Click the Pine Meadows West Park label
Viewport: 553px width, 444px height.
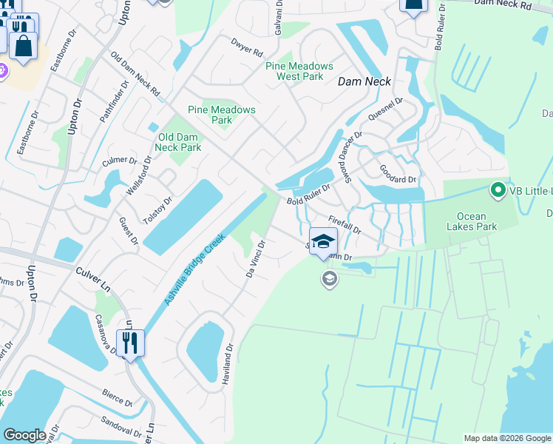tap(294, 71)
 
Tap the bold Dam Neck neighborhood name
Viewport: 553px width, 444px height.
tap(364, 82)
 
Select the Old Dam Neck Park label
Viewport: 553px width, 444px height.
tap(179, 142)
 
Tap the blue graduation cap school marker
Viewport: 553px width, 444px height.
tap(323, 242)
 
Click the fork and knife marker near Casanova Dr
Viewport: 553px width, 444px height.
tap(131, 343)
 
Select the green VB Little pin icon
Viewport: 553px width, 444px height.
tap(498, 190)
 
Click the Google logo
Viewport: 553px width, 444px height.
tap(24, 435)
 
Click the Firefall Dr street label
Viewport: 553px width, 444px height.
tap(345, 225)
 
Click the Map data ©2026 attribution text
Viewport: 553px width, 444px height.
tap(506, 438)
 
